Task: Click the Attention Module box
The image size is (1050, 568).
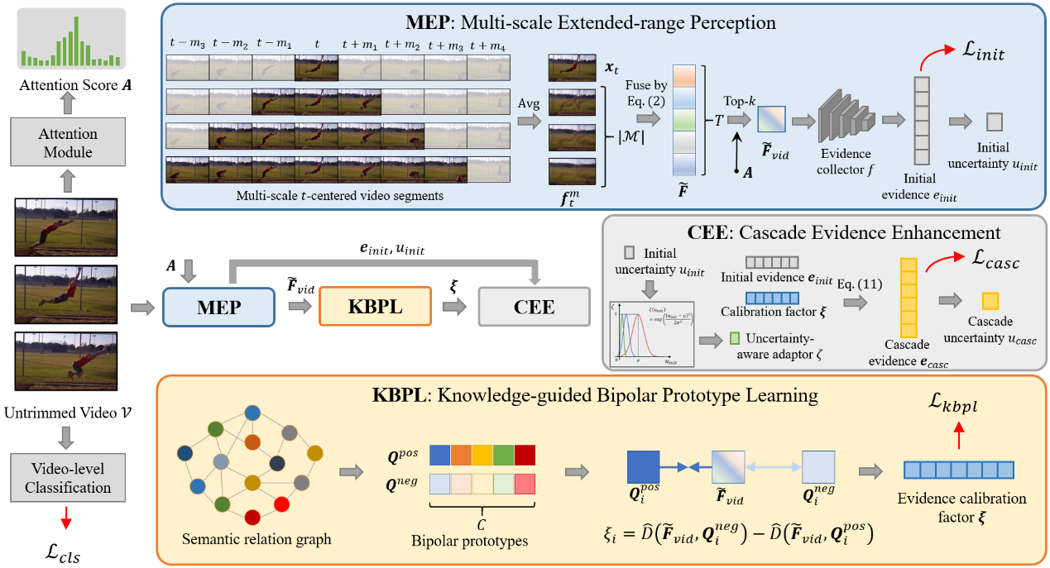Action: click(69, 142)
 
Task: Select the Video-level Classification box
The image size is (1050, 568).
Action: click(69, 477)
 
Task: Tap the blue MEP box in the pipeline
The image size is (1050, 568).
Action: click(218, 308)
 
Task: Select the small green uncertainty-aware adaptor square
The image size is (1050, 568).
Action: click(735, 337)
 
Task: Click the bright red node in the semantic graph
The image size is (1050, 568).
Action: click(282, 503)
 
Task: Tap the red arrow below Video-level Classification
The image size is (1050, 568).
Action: click(69, 517)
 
